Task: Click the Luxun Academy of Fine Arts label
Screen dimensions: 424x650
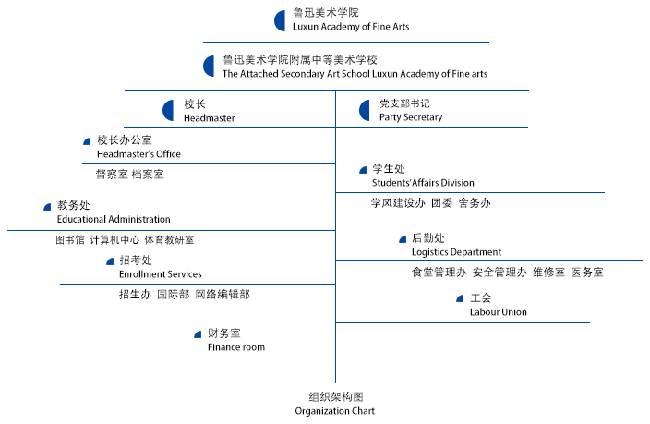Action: click(350, 27)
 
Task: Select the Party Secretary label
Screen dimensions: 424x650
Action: click(410, 117)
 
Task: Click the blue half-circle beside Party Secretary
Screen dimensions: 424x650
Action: click(365, 111)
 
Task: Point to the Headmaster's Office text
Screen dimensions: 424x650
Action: click(138, 154)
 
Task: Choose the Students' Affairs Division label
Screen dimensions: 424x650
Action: click(423, 183)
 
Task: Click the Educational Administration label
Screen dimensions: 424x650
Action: click(114, 219)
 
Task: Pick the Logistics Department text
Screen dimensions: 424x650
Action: click(456, 252)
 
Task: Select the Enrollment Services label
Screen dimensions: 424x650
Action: click(160, 274)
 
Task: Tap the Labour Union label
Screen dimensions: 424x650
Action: click(498, 312)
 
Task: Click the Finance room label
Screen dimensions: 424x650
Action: click(235, 347)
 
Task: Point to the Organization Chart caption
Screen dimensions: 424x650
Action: click(335, 410)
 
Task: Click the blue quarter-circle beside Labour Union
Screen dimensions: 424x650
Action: click(460, 298)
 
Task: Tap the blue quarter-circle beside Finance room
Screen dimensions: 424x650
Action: click(198, 333)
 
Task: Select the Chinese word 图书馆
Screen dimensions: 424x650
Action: click(70, 240)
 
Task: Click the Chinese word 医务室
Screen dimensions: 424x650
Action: click(587, 273)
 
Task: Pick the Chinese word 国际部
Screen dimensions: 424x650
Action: click(173, 295)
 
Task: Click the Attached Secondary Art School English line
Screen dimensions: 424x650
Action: click(355, 74)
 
